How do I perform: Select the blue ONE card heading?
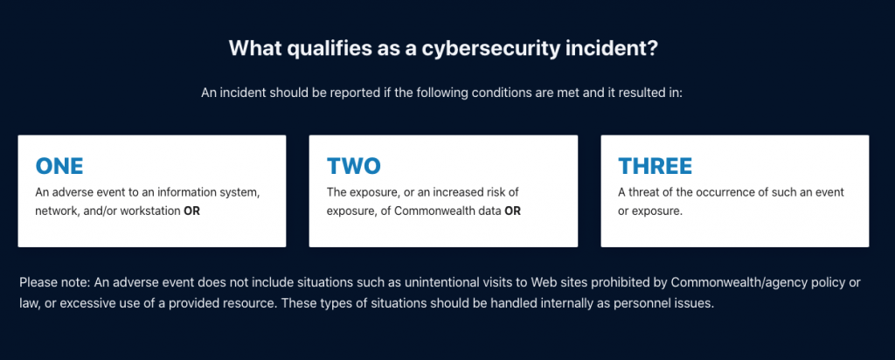coord(59,166)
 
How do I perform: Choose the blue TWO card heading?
coord(353,166)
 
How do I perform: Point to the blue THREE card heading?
coord(656,166)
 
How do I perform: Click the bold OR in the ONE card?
coord(191,211)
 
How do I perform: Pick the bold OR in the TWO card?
coord(512,211)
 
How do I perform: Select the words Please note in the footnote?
coord(47,283)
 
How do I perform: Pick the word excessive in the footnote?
coord(73,303)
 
